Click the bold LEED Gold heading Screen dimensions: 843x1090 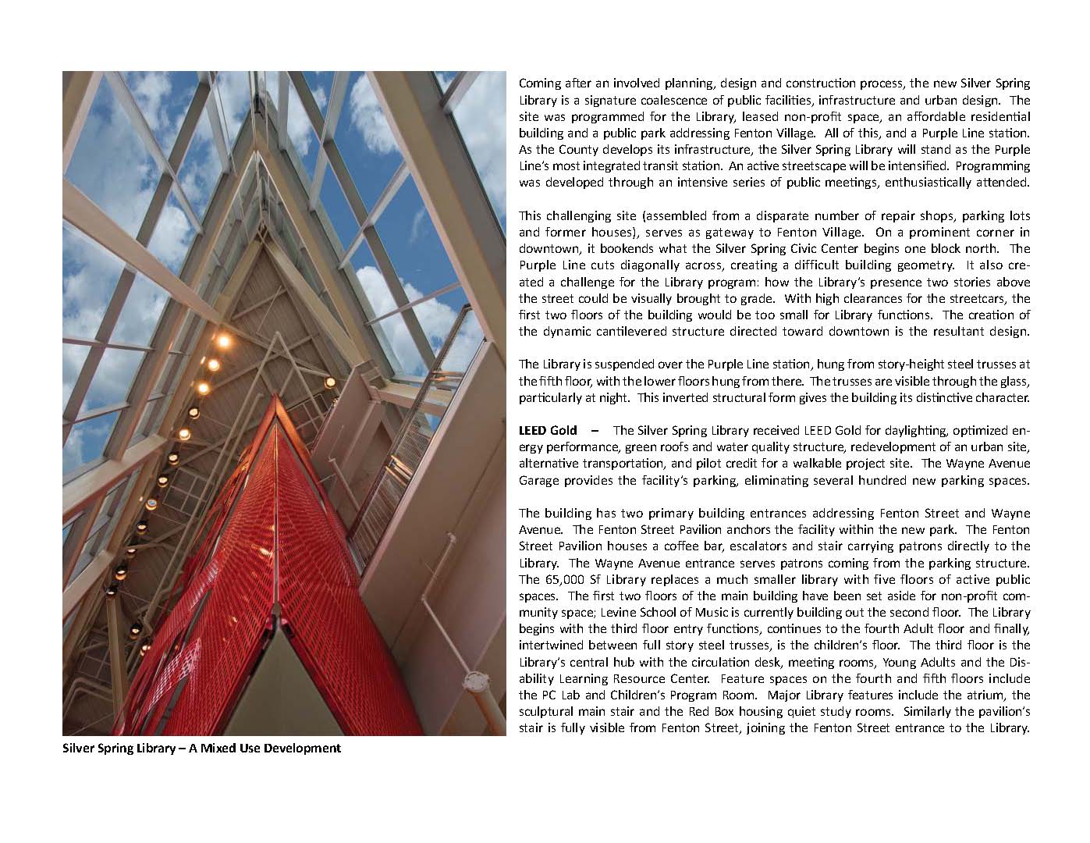coord(548,431)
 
